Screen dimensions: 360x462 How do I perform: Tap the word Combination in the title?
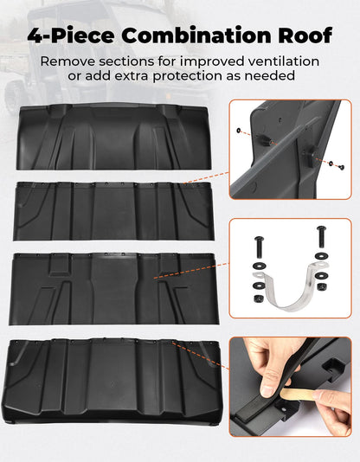(x=196, y=35)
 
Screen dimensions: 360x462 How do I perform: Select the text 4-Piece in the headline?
(x=71, y=35)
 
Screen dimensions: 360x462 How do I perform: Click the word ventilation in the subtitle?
(x=283, y=61)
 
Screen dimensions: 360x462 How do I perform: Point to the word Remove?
(x=67, y=61)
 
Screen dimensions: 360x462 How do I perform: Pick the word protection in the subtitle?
(x=187, y=76)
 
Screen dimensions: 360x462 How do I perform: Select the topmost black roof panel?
(x=113, y=137)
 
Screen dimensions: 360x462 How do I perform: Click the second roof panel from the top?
(x=113, y=211)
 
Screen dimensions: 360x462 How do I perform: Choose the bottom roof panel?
(x=112, y=382)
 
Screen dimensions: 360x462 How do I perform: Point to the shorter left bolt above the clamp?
(x=260, y=247)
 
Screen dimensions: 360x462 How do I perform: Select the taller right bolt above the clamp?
(x=321, y=236)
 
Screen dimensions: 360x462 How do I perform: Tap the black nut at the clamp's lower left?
(x=258, y=298)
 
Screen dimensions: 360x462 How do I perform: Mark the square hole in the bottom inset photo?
(x=333, y=369)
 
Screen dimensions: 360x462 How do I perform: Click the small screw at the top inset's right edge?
(x=342, y=167)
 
